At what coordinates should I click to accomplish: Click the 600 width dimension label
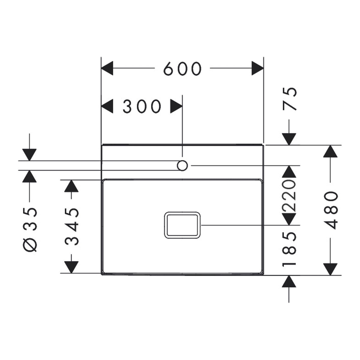pos(182,69)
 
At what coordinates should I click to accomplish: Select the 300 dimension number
pos(142,106)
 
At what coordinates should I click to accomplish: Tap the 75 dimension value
pos(289,99)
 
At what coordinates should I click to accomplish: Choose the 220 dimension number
pos(289,196)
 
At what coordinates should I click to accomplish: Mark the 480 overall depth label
pos(331,210)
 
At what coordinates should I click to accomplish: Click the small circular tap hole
pos(182,166)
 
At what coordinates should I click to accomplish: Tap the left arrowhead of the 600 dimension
pos(107,68)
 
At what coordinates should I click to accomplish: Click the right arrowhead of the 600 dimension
pos(258,68)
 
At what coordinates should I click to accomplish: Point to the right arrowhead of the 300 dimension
pos(176,106)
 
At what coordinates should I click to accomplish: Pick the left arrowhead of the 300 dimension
pos(107,106)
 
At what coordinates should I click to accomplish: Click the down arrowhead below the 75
pos(289,139)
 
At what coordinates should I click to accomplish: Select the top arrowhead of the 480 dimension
pos(331,151)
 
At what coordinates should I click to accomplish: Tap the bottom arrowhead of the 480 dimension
pos(331,269)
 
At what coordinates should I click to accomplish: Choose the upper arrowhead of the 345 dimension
pos(71,186)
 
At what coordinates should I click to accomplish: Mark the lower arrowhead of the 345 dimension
pos(71,267)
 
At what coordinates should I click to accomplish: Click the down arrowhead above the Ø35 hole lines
pos(29,155)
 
